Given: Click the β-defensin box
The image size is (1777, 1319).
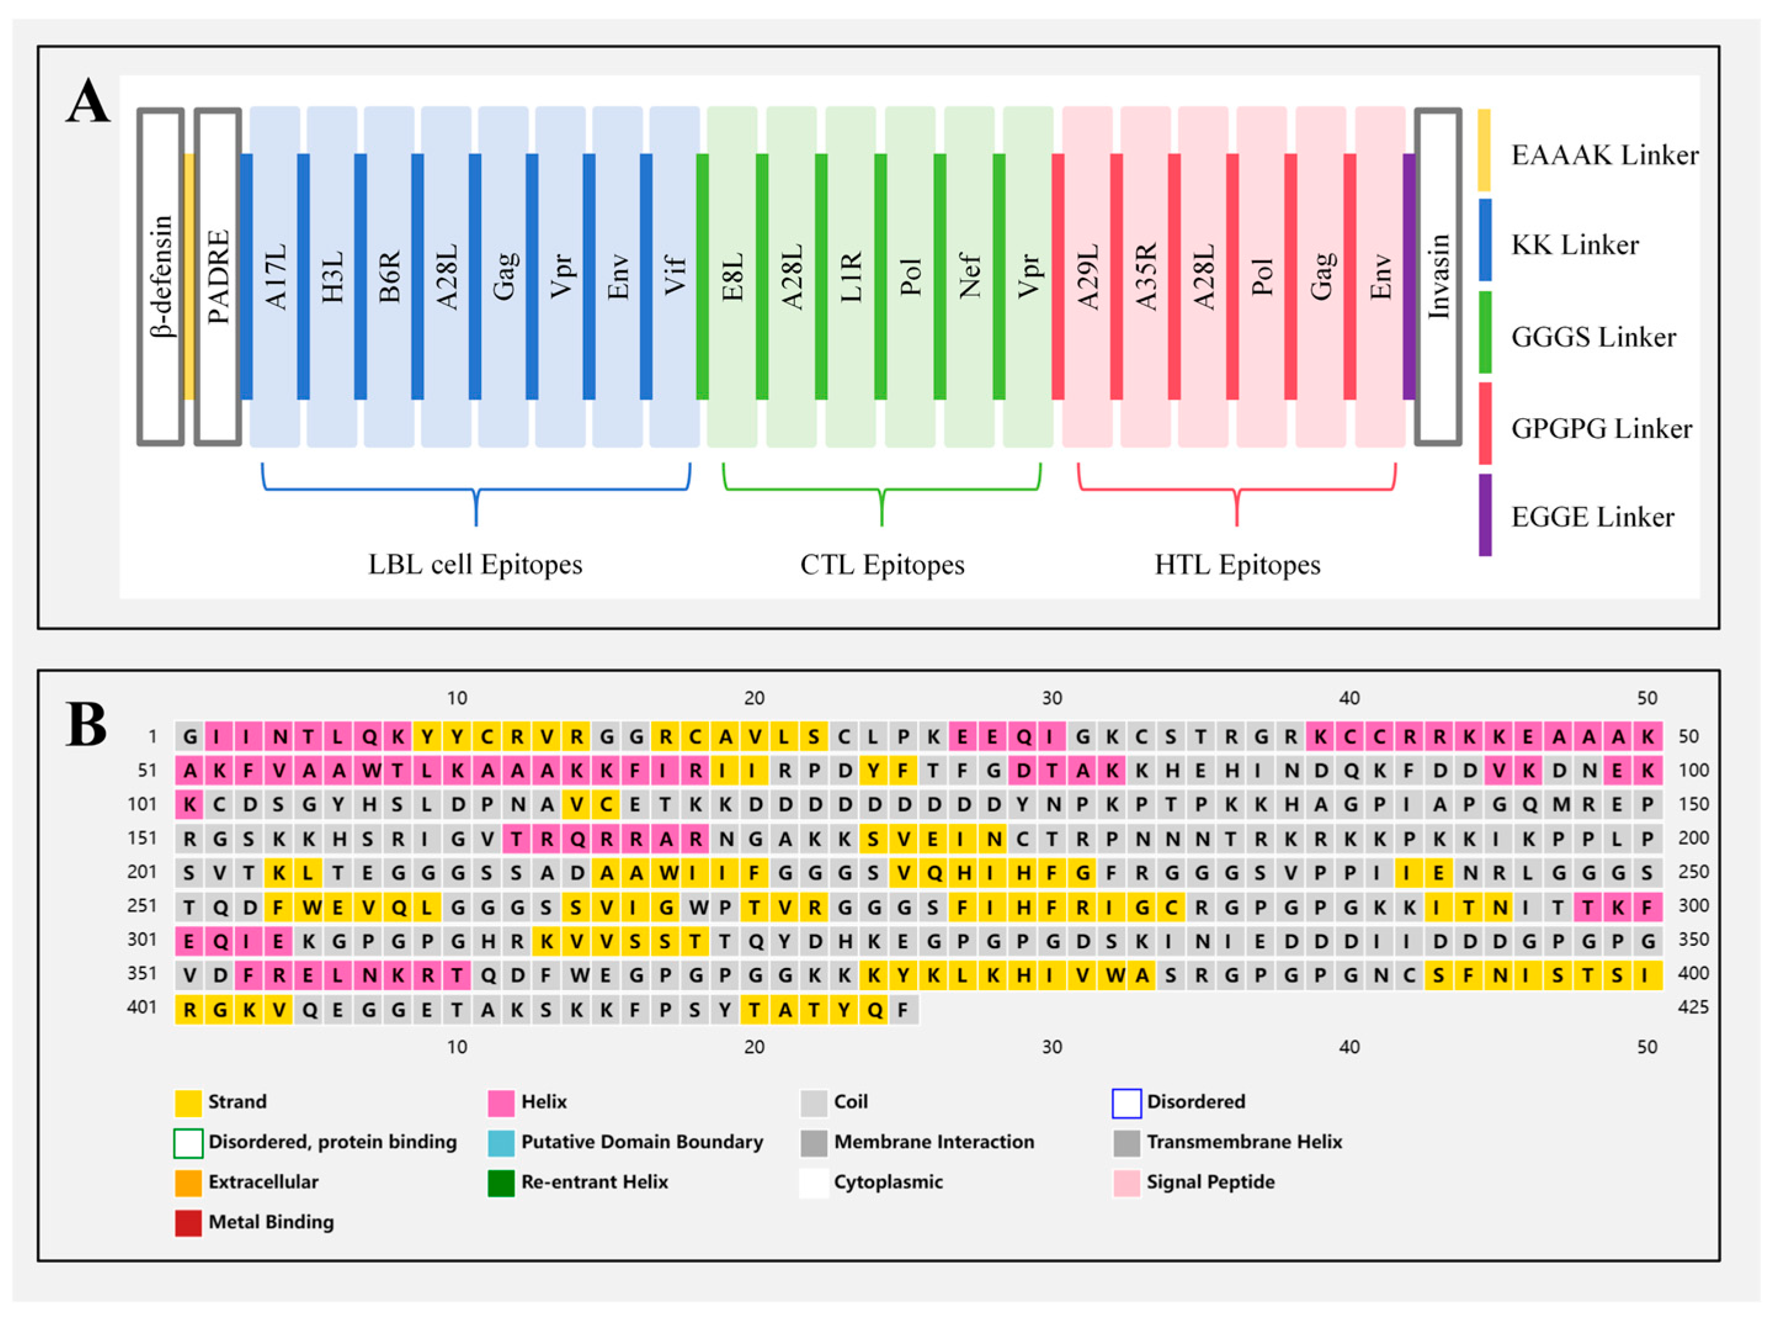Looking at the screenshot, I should tap(161, 276).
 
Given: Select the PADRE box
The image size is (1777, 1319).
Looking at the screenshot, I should tap(218, 276).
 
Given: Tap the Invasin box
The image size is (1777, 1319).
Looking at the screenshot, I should tap(1438, 276).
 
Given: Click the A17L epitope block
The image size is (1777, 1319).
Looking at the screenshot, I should tap(275, 276).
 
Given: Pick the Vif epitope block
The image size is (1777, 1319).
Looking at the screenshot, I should tap(674, 276).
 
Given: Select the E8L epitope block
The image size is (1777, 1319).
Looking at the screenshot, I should tap(732, 276).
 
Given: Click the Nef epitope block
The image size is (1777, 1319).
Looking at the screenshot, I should tap(969, 276).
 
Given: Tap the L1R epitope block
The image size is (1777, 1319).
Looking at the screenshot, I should tap(851, 276).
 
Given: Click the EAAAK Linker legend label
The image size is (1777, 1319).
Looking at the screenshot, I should tap(1605, 155).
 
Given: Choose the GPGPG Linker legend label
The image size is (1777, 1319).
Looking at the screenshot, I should tap(1601, 429).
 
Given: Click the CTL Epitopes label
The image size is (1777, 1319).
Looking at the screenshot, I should tap(881, 565).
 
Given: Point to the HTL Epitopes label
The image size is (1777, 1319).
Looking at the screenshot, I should tap(1237, 565).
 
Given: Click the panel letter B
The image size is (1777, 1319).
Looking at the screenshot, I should tap(86, 725).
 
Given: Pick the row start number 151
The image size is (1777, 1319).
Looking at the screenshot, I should tap(142, 838).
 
